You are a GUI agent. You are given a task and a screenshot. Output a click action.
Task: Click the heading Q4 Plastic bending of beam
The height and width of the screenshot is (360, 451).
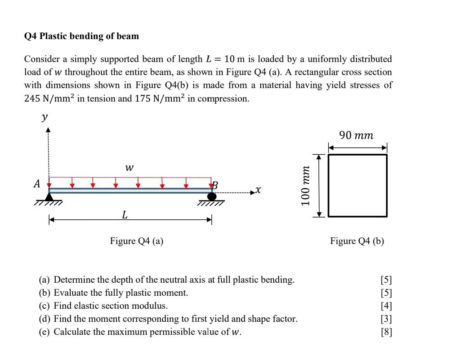pos(81,36)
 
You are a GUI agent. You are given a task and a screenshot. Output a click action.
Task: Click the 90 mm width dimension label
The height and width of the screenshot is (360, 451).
pos(357,135)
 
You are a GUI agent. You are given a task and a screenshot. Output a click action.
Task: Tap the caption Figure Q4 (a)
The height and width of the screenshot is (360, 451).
pos(137,241)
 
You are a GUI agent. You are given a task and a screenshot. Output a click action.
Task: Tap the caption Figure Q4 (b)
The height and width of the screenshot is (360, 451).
pos(357,241)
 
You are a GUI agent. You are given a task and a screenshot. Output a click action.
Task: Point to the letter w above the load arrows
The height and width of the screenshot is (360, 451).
pos(129,168)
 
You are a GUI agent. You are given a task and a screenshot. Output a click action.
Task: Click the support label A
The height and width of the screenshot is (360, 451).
pos(37,184)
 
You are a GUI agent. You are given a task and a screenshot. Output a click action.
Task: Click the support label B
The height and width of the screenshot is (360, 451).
pos(215,185)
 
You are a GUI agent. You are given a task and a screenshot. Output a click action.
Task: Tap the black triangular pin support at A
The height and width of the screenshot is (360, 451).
pos(49,196)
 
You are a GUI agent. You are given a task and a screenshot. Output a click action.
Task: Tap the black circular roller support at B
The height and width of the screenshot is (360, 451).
pos(212,196)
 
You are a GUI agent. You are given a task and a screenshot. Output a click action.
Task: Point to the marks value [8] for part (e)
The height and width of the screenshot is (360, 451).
pos(386,333)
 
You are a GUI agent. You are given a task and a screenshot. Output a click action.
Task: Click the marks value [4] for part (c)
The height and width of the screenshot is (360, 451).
pos(386,306)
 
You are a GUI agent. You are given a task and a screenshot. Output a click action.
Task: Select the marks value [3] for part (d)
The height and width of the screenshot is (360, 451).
pos(386,320)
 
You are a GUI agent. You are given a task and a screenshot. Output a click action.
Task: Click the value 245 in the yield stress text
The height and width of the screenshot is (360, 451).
pos(32,98)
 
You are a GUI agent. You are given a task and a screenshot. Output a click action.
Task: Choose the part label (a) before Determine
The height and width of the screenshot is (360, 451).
pos(45,280)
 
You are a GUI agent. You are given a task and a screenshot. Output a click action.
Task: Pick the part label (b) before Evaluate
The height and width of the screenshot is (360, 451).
pos(45,293)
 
